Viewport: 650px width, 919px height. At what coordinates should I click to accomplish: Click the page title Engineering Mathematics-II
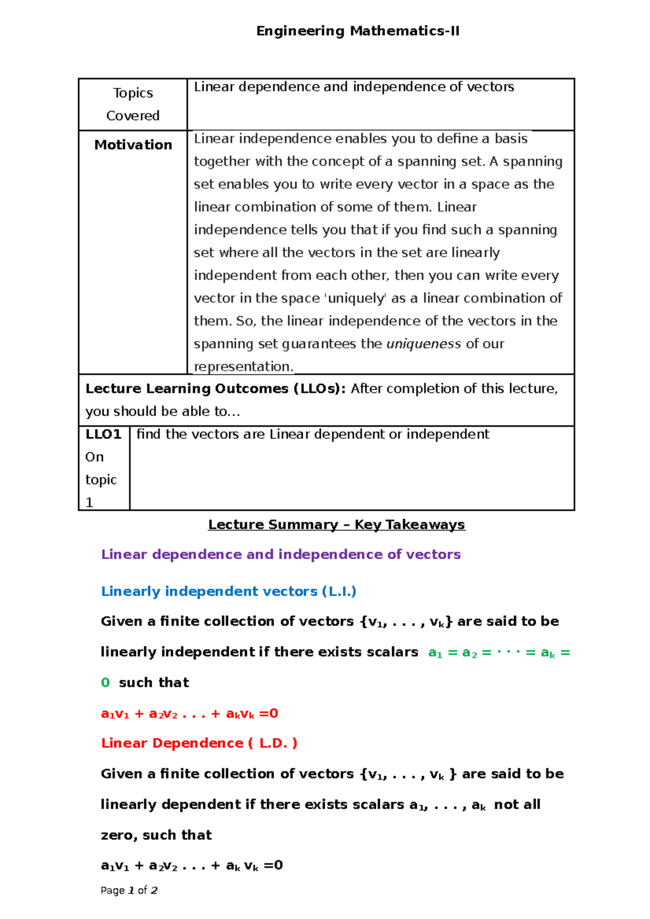coord(357,31)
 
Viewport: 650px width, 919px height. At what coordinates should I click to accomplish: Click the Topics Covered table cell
coord(133,104)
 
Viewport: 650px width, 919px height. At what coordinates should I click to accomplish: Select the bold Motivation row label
coord(133,145)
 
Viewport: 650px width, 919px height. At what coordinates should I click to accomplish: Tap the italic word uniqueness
coord(423,344)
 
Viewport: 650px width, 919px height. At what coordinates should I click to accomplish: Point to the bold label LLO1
coord(103,434)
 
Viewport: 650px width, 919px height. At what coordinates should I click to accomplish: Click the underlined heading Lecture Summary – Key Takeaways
coord(336,524)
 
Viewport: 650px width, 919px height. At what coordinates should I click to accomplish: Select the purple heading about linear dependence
coord(281,554)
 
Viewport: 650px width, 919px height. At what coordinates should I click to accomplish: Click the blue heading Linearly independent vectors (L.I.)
coord(229,591)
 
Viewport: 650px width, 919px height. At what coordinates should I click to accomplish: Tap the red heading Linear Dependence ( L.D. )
coord(199,743)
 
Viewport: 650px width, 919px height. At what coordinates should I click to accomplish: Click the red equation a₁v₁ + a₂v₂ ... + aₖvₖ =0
coord(190,713)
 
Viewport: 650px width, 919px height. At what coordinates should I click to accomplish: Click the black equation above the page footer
coord(192,865)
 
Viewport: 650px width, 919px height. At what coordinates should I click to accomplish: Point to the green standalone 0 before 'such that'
coord(105,682)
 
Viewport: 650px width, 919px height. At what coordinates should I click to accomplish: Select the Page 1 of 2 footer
coord(129,890)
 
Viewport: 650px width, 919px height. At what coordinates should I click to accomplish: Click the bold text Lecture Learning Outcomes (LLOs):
coord(216,389)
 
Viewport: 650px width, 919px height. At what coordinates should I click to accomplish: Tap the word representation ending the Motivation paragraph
coord(243,366)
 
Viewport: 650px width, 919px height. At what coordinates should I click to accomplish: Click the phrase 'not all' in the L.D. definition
coord(517,804)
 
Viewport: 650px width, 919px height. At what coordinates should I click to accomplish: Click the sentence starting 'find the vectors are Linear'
coord(313,434)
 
